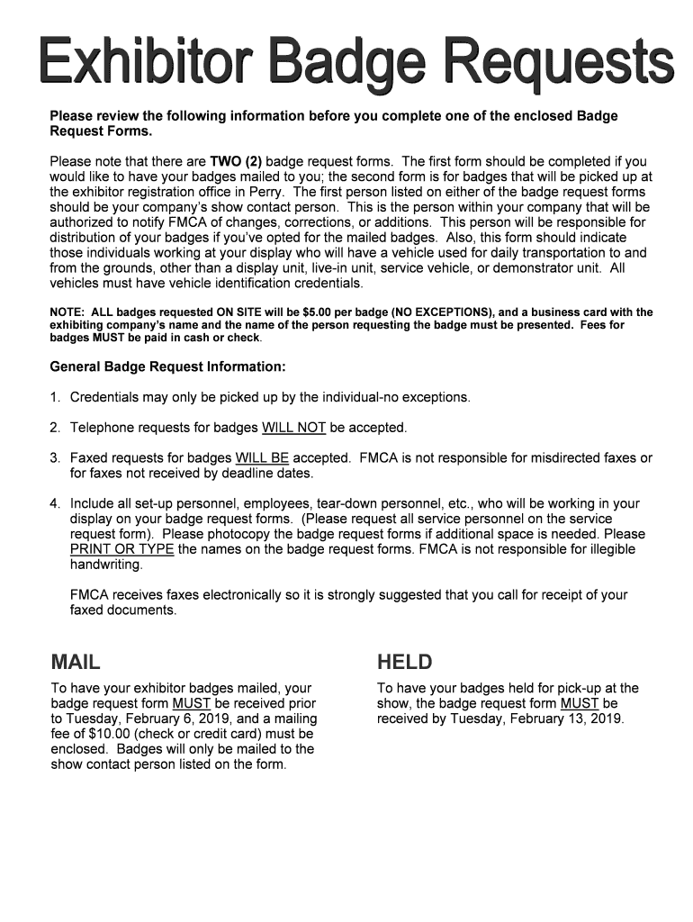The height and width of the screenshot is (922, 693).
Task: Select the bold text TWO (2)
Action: [x=236, y=162]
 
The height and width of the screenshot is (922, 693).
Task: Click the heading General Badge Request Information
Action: [x=167, y=367]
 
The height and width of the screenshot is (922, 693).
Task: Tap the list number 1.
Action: [x=55, y=397]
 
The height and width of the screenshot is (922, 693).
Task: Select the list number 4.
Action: [x=55, y=503]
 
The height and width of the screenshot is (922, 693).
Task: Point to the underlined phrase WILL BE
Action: [x=262, y=458]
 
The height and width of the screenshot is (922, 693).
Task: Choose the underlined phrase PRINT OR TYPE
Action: [x=121, y=549]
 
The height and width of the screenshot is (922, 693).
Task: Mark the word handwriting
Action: [x=106, y=565]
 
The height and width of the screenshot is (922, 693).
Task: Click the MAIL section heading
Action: [x=76, y=663]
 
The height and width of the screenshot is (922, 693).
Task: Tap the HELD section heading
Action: [x=405, y=663]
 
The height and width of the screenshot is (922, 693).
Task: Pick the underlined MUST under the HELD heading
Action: [x=579, y=703]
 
